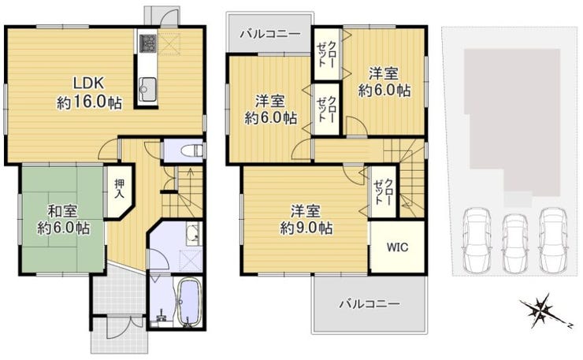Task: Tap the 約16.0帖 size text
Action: (90, 102)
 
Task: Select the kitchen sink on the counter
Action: (147, 89)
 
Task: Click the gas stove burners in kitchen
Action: (147, 43)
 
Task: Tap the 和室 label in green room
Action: (63, 211)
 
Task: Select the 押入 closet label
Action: (119, 188)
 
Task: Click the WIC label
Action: (397, 247)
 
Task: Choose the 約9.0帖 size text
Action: (306, 228)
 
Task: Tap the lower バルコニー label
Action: (369, 304)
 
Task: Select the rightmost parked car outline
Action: (554, 240)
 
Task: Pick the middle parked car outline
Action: (515, 243)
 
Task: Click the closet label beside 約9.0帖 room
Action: (384, 191)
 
